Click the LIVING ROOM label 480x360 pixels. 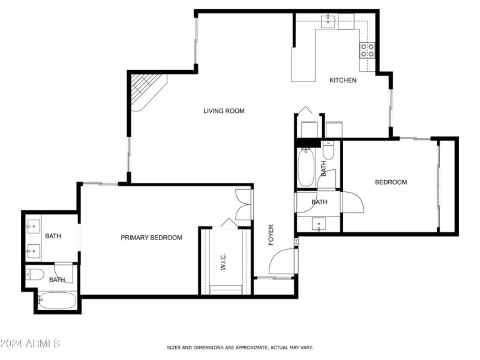(x=224, y=111)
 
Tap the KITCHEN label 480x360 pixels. (x=343, y=80)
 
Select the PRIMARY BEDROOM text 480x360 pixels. (x=151, y=238)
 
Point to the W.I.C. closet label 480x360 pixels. (x=223, y=262)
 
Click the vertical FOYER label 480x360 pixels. (x=271, y=235)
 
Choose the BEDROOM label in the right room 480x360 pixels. (x=391, y=182)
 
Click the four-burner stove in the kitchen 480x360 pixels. (x=367, y=50)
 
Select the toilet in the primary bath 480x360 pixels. (x=35, y=275)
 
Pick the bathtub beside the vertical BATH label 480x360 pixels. (x=306, y=168)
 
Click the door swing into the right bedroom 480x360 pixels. (x=352, y=202)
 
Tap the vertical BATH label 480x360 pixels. (x=323, y=167)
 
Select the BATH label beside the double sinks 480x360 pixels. (x=53, y=236)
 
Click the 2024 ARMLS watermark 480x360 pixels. (x=30, y=344)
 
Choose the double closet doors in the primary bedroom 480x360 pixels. (x=244, y=205)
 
